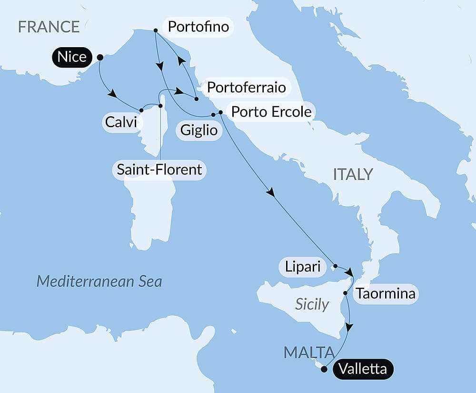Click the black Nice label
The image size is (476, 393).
pos(72,57)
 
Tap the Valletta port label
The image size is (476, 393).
pos(363,369)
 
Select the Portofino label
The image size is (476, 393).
pos(198,27)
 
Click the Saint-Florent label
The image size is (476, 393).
pos(159,169)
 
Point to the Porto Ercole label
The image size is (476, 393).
pos(271,111)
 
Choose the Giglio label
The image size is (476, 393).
pos(199,130)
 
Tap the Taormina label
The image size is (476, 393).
pos(385,293)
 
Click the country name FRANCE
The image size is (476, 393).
pos(49,27)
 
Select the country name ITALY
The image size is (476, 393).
pos(353,174)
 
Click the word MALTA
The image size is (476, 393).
pos(308,353)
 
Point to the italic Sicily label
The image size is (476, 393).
pos(312,304)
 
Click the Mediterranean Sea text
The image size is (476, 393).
pos(99,281)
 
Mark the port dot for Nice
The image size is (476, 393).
pos(100,57)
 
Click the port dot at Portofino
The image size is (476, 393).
pos(156,30)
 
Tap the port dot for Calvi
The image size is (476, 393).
pos(141,110)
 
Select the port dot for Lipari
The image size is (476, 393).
pos(335,266)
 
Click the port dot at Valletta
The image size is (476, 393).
pos(324,369)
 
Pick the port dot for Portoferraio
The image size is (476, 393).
pos(196,99)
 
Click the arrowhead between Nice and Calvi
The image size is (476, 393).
pos(112,94)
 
